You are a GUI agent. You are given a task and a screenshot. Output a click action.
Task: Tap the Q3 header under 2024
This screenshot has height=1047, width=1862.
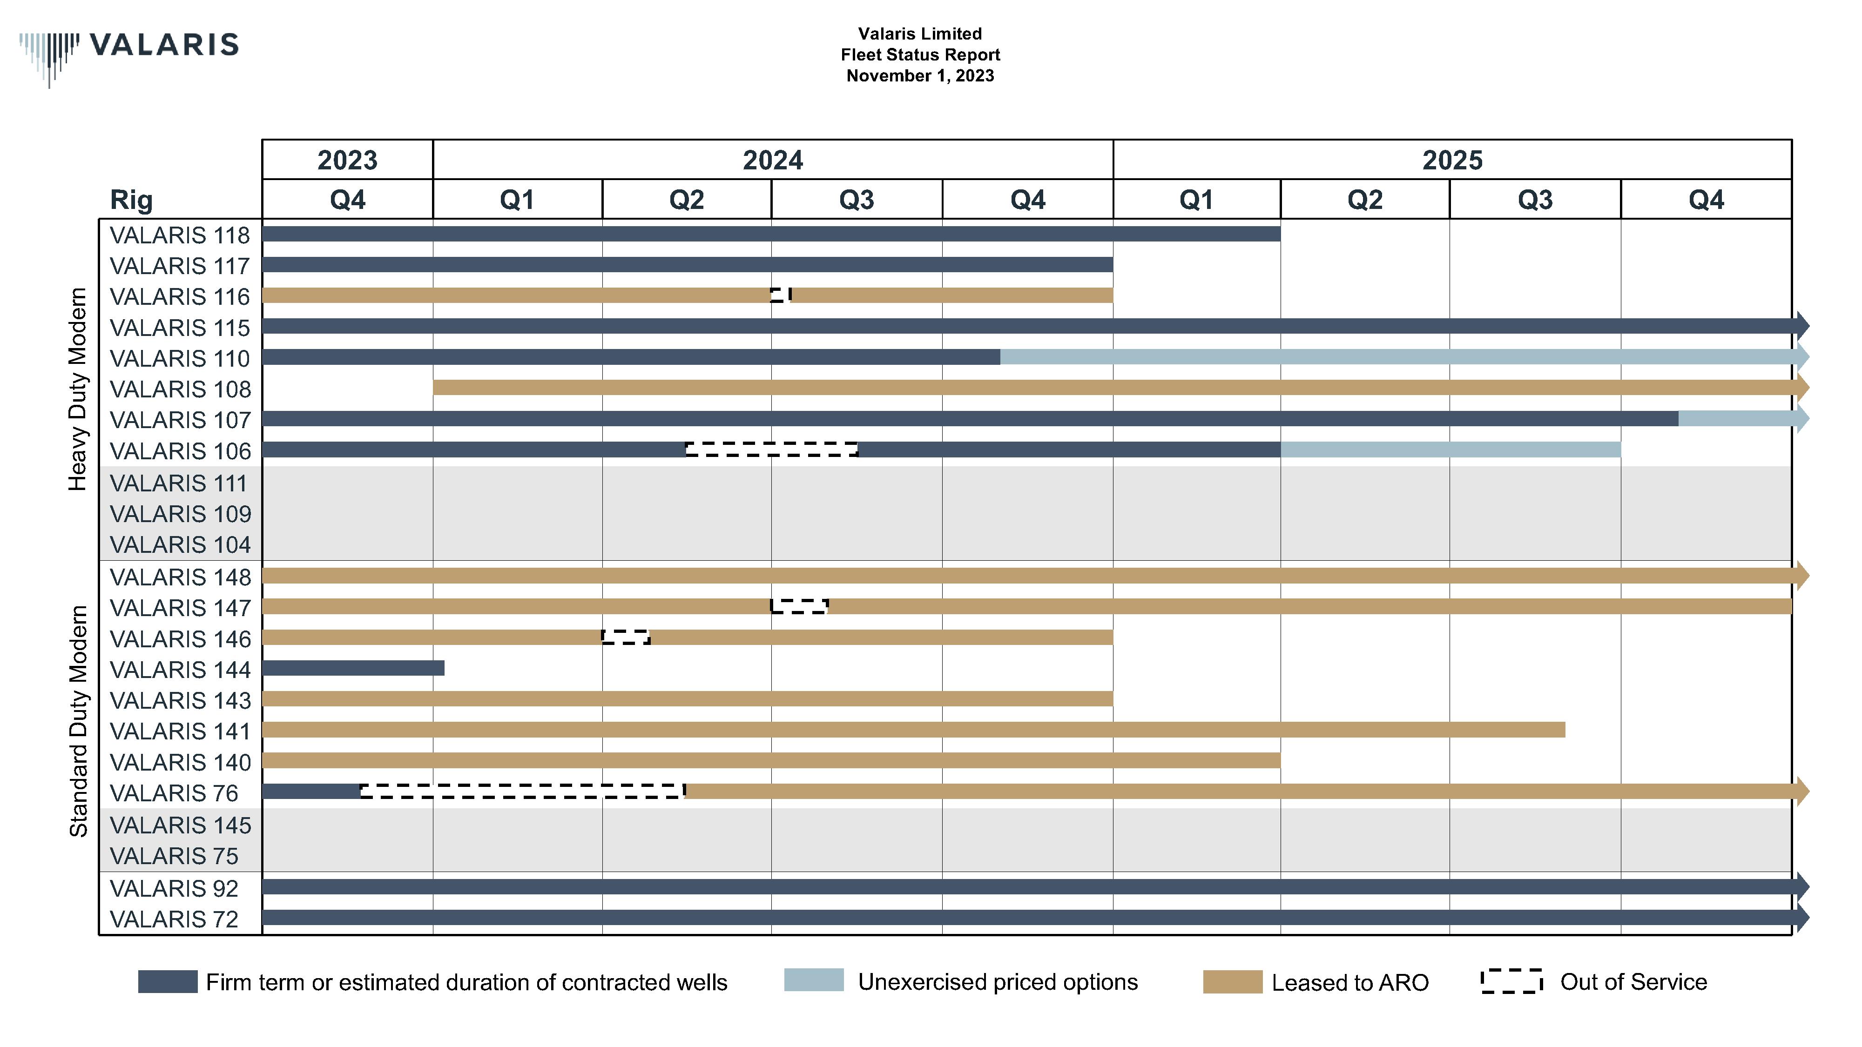pos(856,200)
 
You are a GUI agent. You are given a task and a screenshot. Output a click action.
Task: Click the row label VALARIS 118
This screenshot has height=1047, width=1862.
pos(179,235)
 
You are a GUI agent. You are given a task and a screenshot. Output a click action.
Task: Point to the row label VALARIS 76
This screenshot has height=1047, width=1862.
pos(174,793)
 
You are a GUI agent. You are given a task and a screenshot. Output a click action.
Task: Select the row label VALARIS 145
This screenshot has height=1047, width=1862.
pos(180,825)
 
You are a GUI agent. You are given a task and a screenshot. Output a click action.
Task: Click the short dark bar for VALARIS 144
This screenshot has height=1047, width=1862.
pos(353,668)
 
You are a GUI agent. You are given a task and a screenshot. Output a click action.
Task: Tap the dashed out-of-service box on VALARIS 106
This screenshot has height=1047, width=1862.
pos(771,450)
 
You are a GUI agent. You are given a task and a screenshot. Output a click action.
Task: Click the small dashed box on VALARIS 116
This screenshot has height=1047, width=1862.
pos(781,295)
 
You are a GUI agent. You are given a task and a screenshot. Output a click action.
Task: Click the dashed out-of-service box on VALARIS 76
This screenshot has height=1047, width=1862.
pos(522,791)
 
